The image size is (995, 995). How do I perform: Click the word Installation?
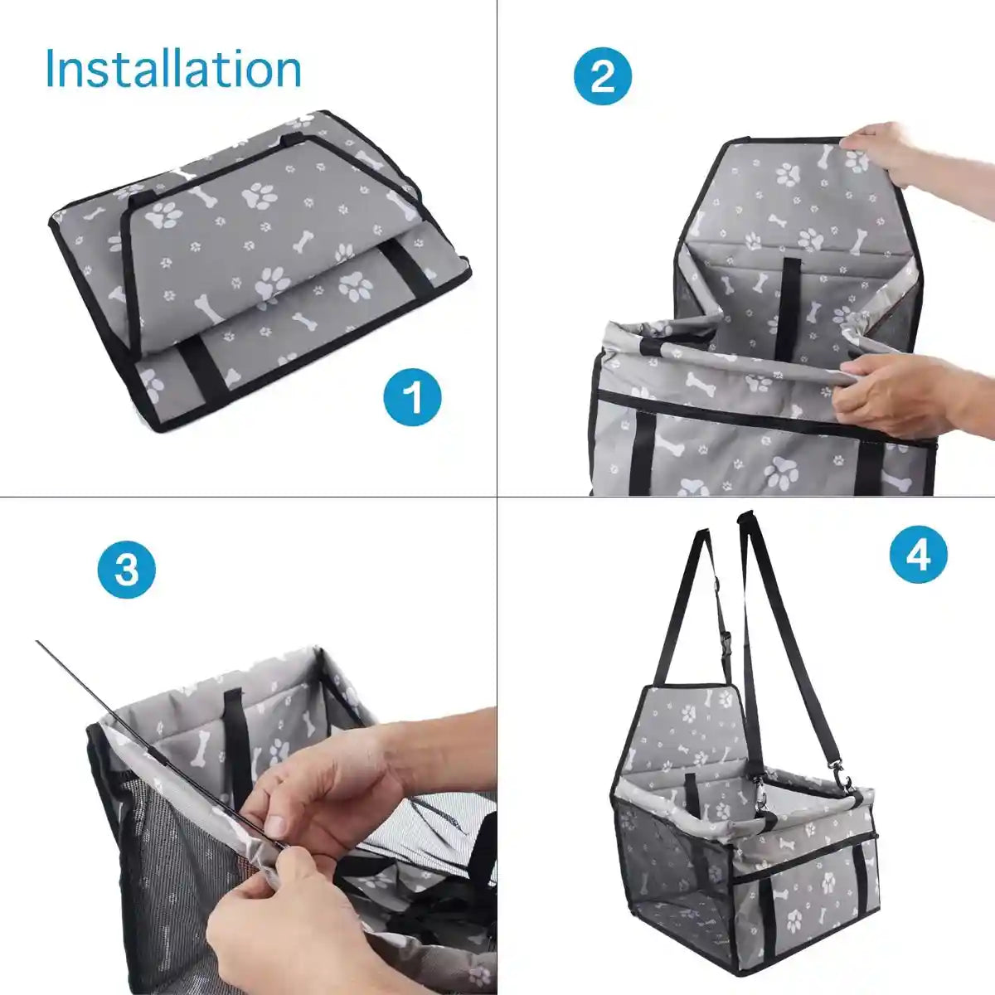point(173,69)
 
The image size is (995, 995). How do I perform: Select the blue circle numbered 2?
point(603,76)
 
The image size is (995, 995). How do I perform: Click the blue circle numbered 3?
point(126,570)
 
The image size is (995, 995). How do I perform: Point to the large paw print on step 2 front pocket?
point(781,473)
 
